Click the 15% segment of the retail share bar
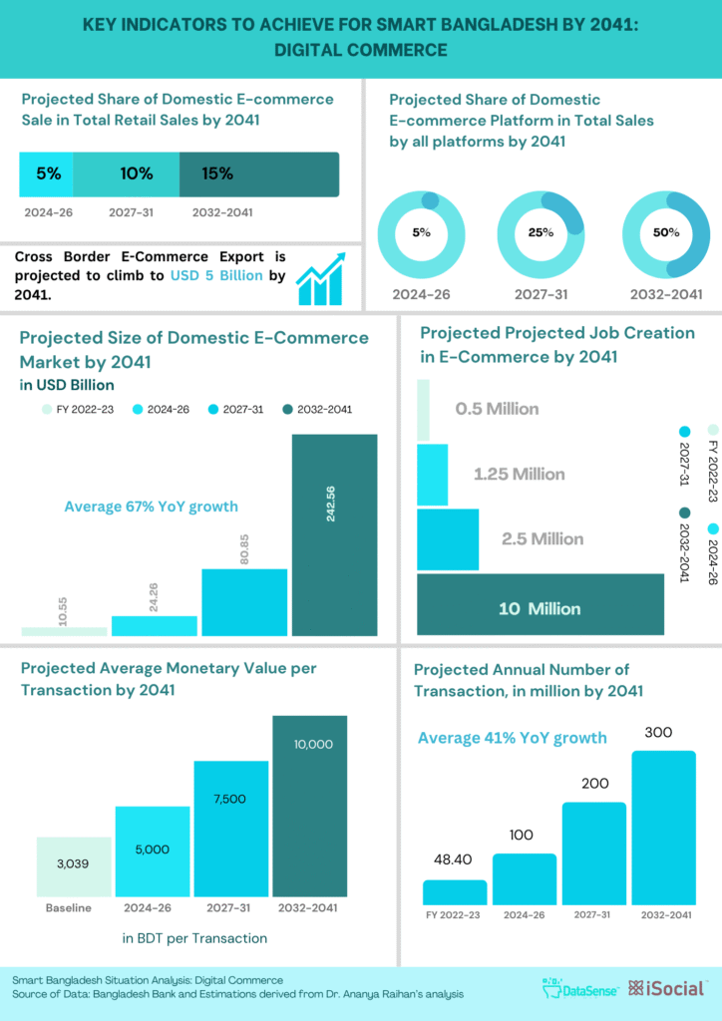[259, 174]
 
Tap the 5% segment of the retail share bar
[47, 174]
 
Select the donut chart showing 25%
[540, 232]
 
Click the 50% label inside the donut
[665, 232]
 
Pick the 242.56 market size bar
[334, 534]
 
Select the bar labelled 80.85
[244, 602]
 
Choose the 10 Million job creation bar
[541, 604]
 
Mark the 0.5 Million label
[497, 409]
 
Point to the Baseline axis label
[68, 908]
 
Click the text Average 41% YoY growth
[512, 738]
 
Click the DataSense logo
[579, 988]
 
